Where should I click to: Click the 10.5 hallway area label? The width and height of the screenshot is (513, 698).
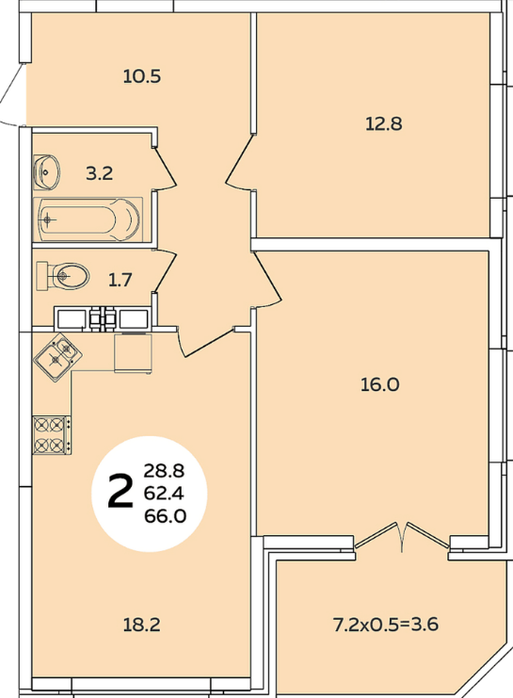(142, 76)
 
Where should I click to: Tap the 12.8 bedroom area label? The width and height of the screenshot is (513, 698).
(383, 123)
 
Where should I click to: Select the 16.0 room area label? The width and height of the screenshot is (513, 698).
(380, 384)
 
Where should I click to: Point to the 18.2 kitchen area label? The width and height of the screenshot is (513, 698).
(141, 625)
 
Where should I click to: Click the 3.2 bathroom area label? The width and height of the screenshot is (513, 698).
(99, 172)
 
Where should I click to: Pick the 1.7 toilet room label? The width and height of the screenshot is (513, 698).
(120, 280)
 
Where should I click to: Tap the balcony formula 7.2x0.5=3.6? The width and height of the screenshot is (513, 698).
(386, 625)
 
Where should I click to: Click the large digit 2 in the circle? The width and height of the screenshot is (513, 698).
(120, 491)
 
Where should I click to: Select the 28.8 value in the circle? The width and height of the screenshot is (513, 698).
(164, 470)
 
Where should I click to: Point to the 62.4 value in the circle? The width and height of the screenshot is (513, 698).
(164, 494)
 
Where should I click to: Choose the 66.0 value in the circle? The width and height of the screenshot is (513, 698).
(165, 516)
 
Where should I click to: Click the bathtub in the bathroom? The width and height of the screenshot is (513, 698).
(88, 219)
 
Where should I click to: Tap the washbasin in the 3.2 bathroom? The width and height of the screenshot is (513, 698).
(46, 171)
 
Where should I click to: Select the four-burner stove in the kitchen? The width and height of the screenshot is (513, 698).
(51, 435)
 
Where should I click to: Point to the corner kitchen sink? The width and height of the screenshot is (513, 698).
(57, 356)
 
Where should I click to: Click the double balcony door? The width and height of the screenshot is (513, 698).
(403, 536)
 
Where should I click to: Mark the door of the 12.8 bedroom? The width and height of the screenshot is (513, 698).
(240, 161)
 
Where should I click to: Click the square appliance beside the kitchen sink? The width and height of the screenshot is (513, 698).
(133, 353)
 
